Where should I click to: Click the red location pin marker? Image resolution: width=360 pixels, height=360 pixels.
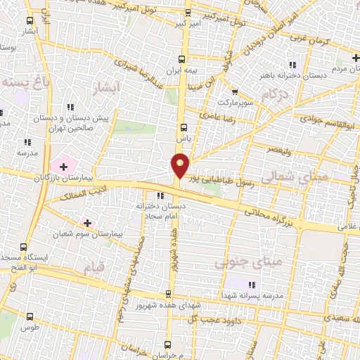pos(181,166)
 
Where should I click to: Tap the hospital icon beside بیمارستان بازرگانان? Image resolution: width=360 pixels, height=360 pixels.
pos(64,167)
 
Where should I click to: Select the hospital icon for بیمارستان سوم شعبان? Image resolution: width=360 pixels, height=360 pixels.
pos(87,223)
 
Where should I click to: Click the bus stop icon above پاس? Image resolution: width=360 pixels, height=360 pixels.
pos(184,128)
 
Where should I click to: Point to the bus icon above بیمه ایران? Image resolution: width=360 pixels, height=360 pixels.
pos(182,60)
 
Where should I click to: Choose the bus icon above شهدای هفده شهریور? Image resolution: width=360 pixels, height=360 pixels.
pos(167,294)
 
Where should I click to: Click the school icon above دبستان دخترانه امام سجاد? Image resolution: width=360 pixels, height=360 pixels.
pos(161,196)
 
